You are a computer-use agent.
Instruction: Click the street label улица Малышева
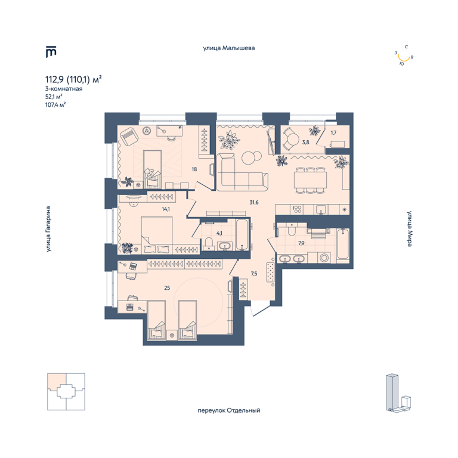(x=229, y=48)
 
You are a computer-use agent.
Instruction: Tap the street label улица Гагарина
(x=48, y=229)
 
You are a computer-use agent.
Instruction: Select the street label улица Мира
(x=410, y=229)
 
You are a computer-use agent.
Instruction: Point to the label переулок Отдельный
(x=229, y=410)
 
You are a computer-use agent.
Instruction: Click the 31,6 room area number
(x=254, y=202)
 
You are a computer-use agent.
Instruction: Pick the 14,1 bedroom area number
(x=166, y=209)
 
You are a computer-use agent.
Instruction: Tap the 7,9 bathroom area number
(x=301, y=243)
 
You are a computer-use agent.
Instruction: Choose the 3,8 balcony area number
(x=305, y=143)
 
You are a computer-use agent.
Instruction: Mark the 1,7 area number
(x=333, y=132)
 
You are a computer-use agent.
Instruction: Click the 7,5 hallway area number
(x=254, y=274)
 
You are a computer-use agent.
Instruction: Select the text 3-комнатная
(x=64, y=89)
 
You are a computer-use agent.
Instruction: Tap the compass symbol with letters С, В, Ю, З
(x=404, y=55)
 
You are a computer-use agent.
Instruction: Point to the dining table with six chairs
(x=310, y=180)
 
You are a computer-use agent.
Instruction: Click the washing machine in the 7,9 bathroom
(x=324, y=258)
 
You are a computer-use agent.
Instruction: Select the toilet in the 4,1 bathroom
(x=209, y=243)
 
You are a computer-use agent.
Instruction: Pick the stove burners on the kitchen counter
(x=298, y=209)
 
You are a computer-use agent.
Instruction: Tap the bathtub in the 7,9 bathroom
(x=343, y=244)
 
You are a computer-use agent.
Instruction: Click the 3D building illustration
(x=398, y=392)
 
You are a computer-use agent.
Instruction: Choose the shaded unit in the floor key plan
(x=57, y=382)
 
